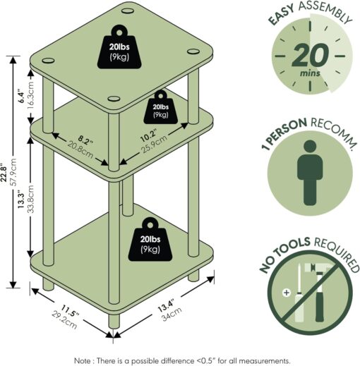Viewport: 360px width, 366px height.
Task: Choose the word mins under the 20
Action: point(308,72)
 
